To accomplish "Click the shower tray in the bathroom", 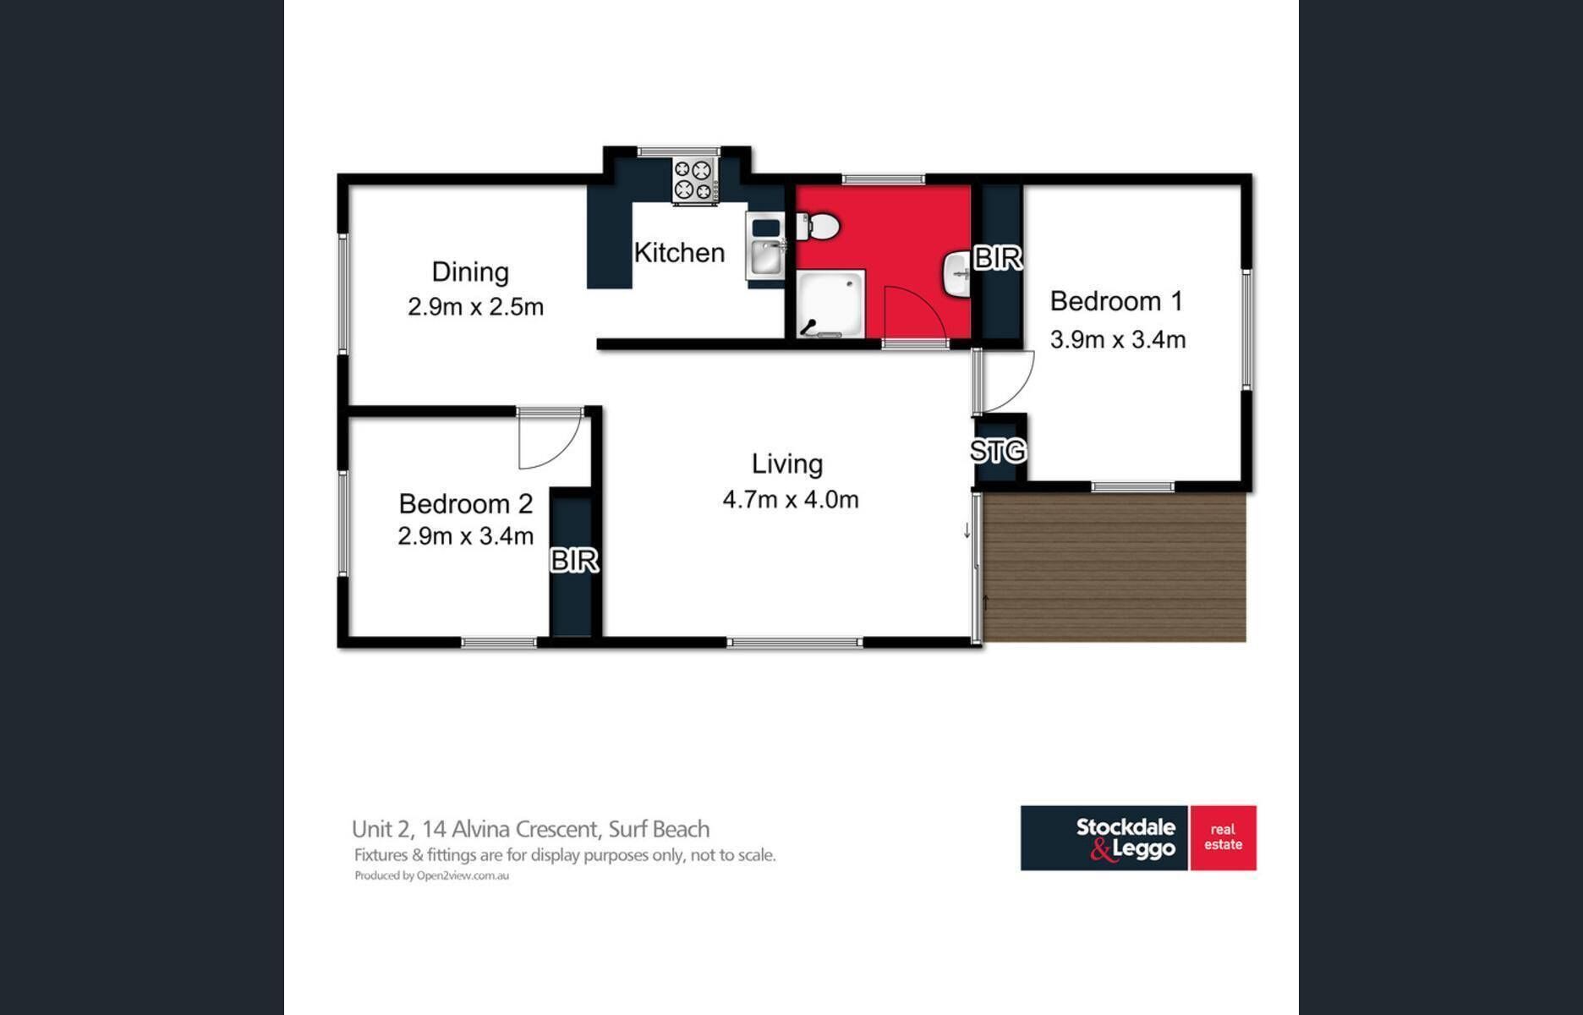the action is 832,304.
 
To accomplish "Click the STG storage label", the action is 998,451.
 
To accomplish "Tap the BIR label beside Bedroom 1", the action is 998,258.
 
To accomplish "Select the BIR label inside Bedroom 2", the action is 574,560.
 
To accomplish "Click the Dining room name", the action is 470,272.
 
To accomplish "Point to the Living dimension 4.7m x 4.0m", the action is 791,499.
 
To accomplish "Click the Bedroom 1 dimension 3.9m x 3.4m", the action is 1118,339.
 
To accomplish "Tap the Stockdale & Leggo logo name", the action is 1126,838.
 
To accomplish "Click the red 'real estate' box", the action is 1224,837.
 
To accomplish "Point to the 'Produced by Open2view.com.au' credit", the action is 431,875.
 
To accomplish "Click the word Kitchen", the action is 679,252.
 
